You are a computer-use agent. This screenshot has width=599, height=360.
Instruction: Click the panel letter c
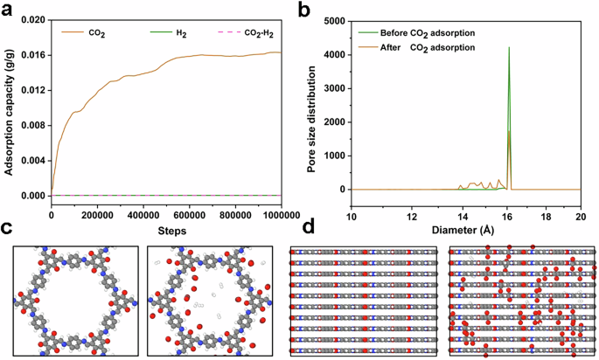[x=7, y=229]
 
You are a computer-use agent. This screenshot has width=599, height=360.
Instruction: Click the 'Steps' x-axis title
[x=166, y=230]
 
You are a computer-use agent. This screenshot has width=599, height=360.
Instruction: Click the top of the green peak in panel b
[x=509, y=48]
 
